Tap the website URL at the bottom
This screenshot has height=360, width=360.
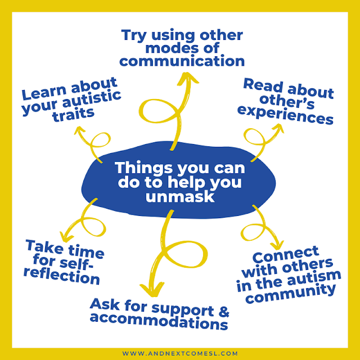[180, 353]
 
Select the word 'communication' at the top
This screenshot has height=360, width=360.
[183, 60]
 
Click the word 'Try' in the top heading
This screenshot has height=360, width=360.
[135, 35]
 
